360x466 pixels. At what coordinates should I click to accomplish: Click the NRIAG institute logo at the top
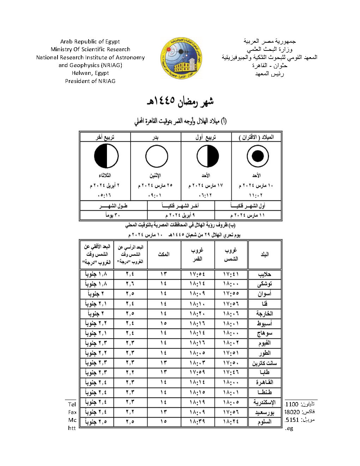[181, 58]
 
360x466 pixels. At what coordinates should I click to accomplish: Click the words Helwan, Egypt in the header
[90, 73]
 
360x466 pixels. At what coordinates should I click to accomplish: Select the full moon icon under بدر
[156, 156]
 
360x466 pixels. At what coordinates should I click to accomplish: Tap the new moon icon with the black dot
[258, 156]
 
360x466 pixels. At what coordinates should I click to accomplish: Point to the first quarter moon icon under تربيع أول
[208, 156]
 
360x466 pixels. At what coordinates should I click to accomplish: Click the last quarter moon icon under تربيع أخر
[106, 156]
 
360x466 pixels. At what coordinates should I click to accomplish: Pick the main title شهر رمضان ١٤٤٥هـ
[180, 102]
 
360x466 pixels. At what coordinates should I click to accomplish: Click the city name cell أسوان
[264, 294]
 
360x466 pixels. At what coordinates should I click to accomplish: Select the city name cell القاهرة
[264, 382]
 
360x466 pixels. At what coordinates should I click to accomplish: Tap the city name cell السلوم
[264, 422]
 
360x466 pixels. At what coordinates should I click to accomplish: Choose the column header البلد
[264, 255]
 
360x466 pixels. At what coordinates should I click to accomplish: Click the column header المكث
[163, 255]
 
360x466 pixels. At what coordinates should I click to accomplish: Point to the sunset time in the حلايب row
[231, 274]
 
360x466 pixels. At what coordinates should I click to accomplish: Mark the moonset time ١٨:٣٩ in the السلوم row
[197, 422]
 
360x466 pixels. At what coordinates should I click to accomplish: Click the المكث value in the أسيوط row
[163, 323]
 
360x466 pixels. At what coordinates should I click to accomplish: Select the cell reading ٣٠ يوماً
[113, 215]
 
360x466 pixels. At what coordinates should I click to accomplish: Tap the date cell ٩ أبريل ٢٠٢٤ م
[180, 215]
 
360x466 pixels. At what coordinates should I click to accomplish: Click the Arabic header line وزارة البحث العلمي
[269, 49]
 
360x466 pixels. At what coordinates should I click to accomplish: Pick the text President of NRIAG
[90, 81]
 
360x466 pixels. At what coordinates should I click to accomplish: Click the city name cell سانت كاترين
[264, 363]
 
